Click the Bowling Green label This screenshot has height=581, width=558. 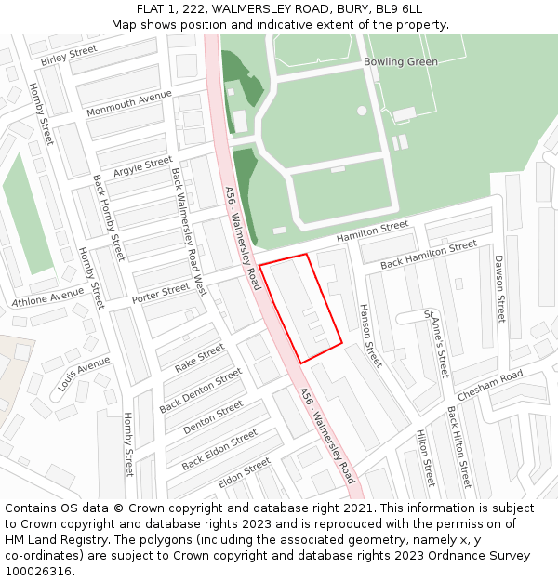click(400, 62)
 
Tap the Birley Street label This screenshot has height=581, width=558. click(69, 56)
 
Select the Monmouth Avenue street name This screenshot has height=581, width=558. click(129, 104)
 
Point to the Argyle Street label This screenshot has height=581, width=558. click(143, 167)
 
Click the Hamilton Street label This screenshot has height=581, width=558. click(372, 232)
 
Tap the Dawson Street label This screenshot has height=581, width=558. click(499, 288)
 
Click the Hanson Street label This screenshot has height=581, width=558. click(370, 335)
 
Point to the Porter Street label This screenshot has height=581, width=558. click(161, 294)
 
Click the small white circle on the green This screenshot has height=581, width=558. click(362, 110)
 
